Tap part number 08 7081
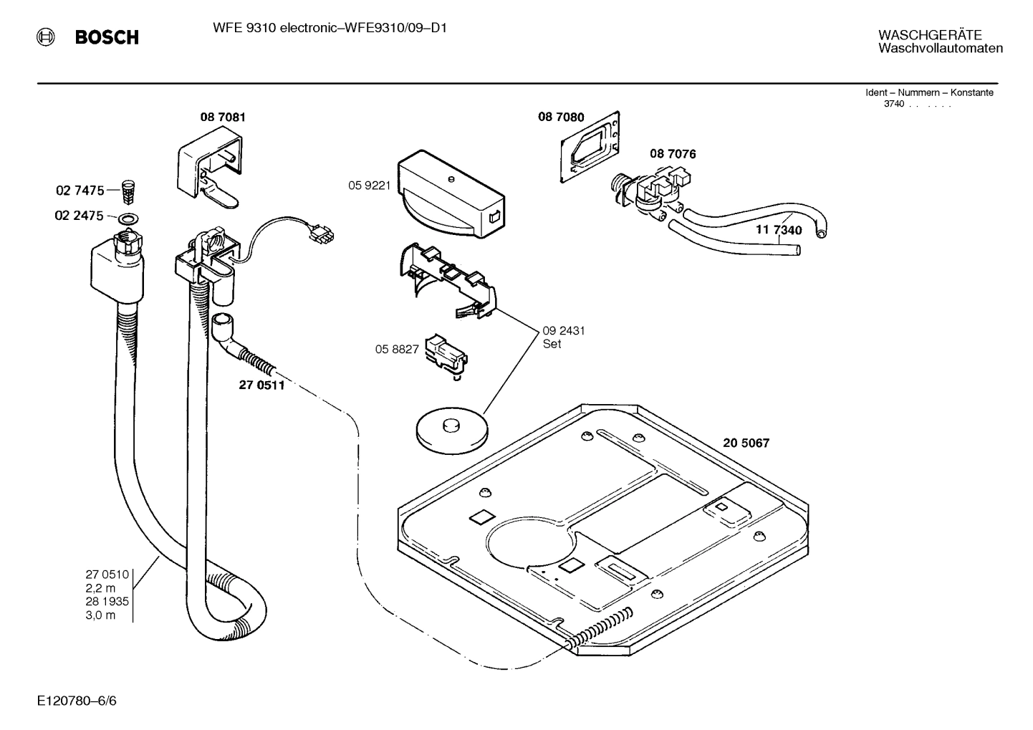coord(222,117)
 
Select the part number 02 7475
coord(80,191)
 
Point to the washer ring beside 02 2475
coord(129,217)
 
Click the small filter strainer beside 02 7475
coord(130,191)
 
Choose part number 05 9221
coord(369,186)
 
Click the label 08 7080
coord(561,117)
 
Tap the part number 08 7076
coord(673,154)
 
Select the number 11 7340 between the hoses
coord(779,230)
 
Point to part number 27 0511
coord(261,385)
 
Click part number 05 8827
coord(396,349)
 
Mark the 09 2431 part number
coord(564,331)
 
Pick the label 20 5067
coord(746,443)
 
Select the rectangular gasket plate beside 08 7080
coord(592,146)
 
